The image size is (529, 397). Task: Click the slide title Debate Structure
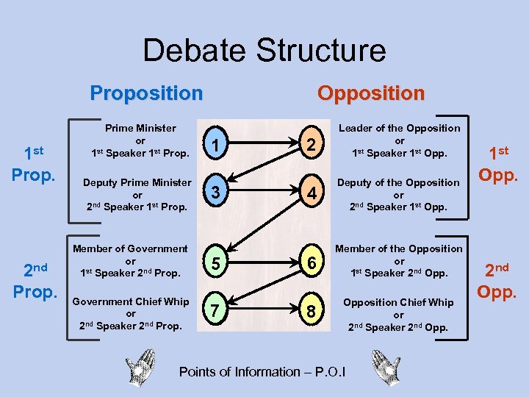coord(264,50)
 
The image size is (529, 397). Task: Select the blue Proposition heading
coord(146,93)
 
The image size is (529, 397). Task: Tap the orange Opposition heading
coord(370,93)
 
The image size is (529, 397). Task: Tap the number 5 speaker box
coord(213,262)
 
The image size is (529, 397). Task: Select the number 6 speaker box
coord(312,262)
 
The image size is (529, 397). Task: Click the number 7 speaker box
coord(213,311)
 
